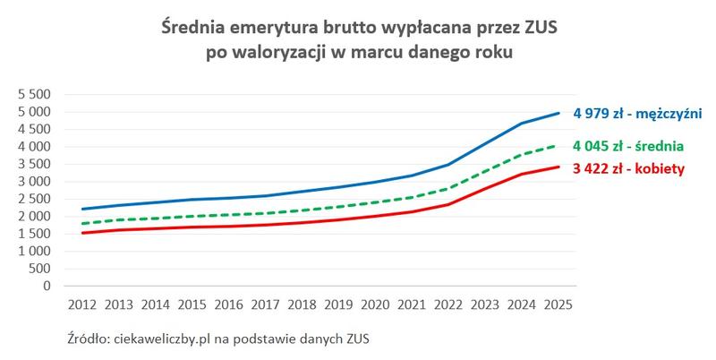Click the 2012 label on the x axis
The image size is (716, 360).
81,304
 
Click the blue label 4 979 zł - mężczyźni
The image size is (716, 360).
637,113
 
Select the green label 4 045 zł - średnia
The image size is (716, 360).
630,145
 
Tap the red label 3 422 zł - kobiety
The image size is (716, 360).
629,167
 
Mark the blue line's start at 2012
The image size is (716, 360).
81,209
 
